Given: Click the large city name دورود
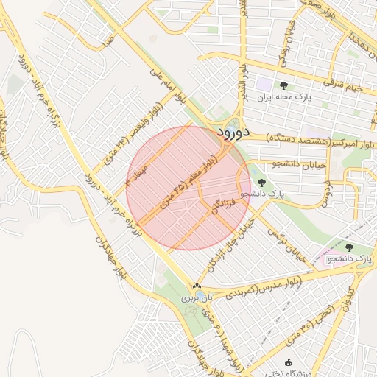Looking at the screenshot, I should pos(235,133).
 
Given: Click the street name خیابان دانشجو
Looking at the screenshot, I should pos(298,164).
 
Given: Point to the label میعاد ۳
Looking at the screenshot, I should pos(138,170).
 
